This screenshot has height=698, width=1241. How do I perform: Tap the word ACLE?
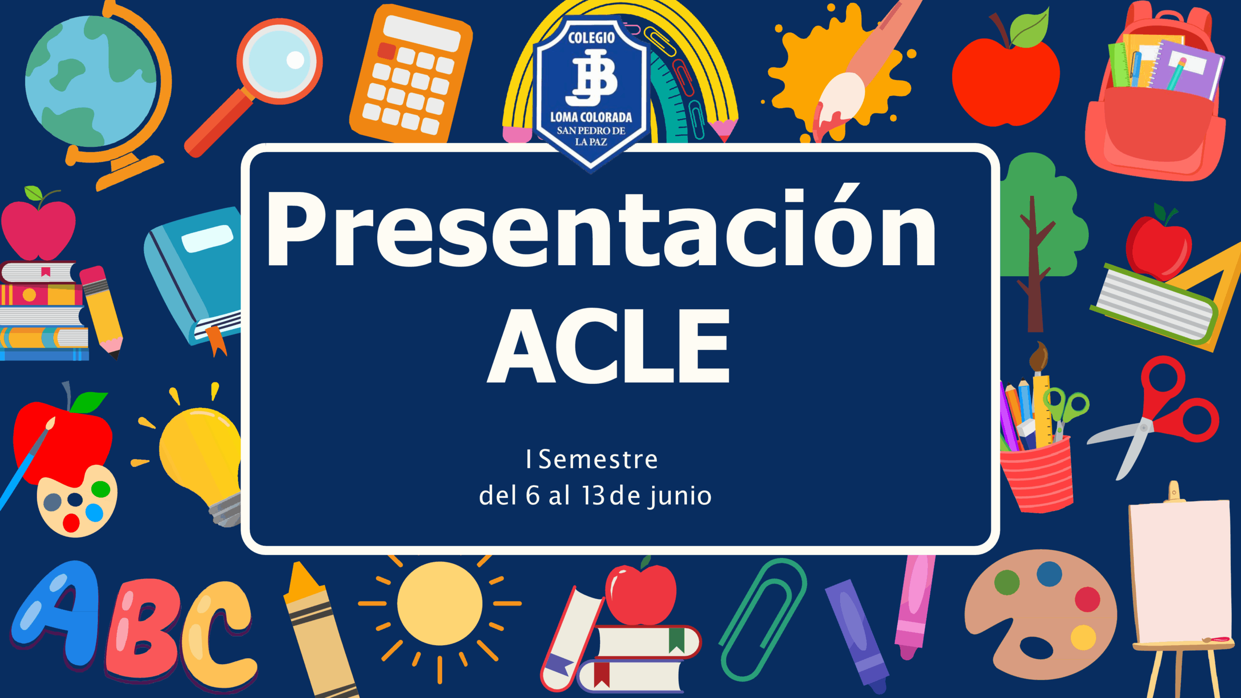pyautogui.click(x=608, y=346)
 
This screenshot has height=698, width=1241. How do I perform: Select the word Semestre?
pyautogui.click(x=598, y=460)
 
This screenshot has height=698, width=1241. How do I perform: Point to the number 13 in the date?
pyautogui.click(x=593, y=495)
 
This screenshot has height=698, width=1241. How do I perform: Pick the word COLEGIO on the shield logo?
pyautogui.click(x=591, y=38)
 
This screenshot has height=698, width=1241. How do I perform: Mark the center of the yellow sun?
pyautogui.click(x=440, y=603)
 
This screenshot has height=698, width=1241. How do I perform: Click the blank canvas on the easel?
pyautogui.click(x=1180, y=572)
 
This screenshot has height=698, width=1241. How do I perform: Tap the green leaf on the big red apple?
pyautogui.click(x=1030, y=29)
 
